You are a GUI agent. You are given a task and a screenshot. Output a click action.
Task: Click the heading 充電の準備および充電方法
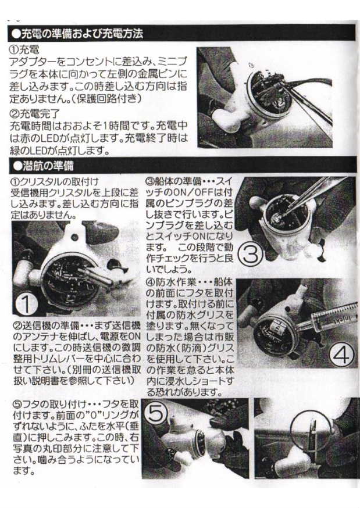81,33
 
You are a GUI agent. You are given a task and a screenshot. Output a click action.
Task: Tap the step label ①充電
24,50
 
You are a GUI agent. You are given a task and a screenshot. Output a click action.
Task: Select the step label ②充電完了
35,114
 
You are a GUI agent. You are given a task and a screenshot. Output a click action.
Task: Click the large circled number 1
26,304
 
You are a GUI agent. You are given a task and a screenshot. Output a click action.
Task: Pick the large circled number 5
158,414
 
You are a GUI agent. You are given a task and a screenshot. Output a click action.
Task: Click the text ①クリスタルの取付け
55,182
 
